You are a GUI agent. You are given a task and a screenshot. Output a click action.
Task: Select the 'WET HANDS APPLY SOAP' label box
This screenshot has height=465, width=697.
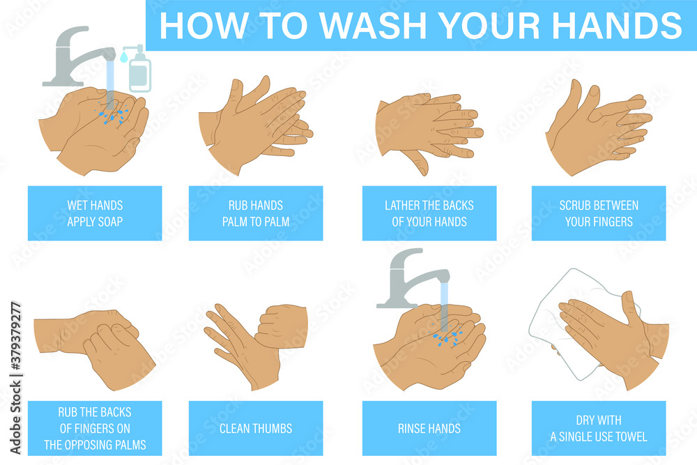(x=95, y=213)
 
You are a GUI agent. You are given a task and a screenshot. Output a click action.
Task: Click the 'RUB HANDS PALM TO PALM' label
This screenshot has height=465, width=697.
(x=256, y=213)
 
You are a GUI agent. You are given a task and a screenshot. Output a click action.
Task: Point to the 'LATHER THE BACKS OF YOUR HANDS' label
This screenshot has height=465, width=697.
(x=429, y=213)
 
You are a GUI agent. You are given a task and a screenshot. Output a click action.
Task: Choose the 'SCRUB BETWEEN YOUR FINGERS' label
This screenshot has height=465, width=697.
(x=599, y=213)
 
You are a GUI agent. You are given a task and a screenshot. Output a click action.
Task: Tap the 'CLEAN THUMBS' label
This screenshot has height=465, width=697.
(x=256, y=428)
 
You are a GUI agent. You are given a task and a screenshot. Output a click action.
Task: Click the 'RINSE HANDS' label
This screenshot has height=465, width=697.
(x=429, y=428)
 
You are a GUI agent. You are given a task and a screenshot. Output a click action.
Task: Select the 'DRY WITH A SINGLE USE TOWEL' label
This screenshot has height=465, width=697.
(x=599, y=428)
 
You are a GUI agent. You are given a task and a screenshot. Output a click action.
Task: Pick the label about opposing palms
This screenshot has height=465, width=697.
(x=95, y=428)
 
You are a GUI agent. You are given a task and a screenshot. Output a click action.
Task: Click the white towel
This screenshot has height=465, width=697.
(x=551, y=328)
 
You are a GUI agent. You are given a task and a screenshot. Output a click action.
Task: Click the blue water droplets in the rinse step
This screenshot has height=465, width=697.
(x=446, y=339)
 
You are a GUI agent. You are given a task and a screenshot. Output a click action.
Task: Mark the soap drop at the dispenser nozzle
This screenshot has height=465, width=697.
(x=123, y=59)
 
